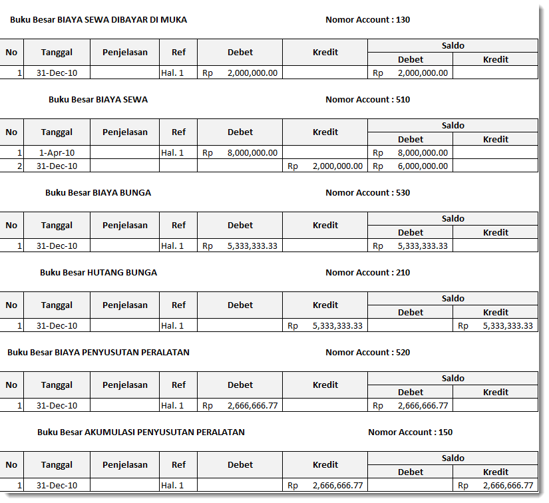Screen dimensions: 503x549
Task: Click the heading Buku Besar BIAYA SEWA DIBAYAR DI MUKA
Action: pyautogui.click(x=98, y=20)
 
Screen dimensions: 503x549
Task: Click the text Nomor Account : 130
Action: pyautogui.click(x=367, y=20)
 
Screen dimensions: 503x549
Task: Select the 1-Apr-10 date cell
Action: pyautogui.click(x=57, y=152)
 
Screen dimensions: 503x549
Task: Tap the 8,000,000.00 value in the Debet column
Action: pyautogui.click(x=252, y=152)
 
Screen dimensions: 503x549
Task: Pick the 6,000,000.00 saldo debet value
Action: pyautogui.click(x=423, y=166)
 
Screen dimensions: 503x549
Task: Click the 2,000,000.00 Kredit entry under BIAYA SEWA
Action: pyautogui.click(x=337, y=166)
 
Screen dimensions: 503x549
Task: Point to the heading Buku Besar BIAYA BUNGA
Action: pyautogui.click(x=98, y=193)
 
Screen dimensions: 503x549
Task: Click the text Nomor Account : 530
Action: pyautogui.click(x=367, y=193)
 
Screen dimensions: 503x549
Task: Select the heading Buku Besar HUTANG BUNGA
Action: pyautogui.click(x=98, y=273)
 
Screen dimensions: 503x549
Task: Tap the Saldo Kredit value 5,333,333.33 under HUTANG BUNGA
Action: pyautogui.click(x=507, y=325)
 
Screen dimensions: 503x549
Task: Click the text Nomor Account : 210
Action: pyautogui.click(x=367, y=273)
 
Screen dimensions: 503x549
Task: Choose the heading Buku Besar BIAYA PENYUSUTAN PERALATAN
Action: pyautogui.click(x=98, y=353)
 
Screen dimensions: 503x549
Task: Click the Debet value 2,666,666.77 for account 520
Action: pyautogui.click(x=252, y=405)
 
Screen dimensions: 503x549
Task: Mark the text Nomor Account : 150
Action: pyautogui.click(x=410, y=432)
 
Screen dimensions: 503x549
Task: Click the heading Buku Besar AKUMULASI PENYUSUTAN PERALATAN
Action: pyautogui.click(x=141, y=432)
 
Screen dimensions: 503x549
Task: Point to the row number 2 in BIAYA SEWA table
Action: pyautogui.click(x=19, y=166)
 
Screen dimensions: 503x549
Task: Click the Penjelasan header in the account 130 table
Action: pyautogui.click(x=125, y=52)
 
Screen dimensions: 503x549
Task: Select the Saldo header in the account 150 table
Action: pyautogui.click(x=453, y=458)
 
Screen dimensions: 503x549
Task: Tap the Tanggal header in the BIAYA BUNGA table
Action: pyautogui.click(x=57, y=225)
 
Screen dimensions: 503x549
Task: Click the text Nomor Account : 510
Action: pyautogui.click(x=367, y=100)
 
